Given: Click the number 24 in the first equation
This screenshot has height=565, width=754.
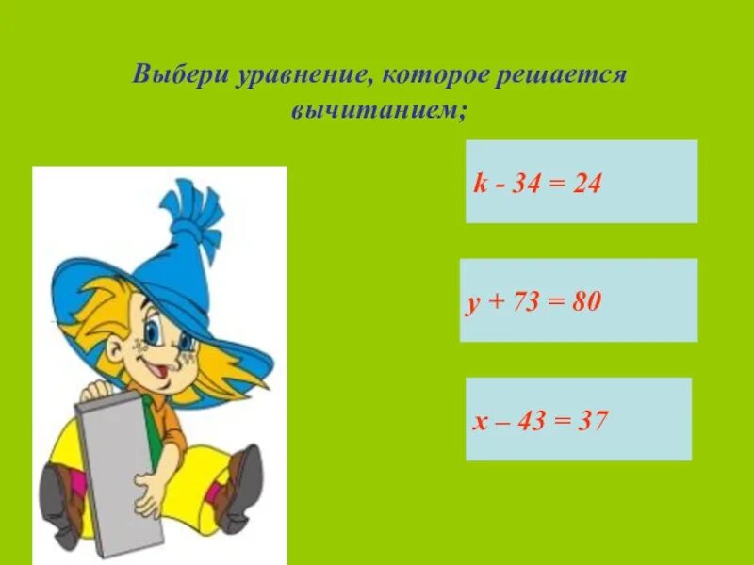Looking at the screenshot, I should [x=586, y=182].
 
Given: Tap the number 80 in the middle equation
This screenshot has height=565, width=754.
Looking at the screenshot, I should [x=583, y=302].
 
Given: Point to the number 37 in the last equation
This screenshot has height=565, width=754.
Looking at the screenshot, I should [x=591, y=420].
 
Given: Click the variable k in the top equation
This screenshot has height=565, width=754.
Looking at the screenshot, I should [x=478, y=182].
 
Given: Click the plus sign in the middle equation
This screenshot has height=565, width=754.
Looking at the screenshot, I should [x=493, y=302].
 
